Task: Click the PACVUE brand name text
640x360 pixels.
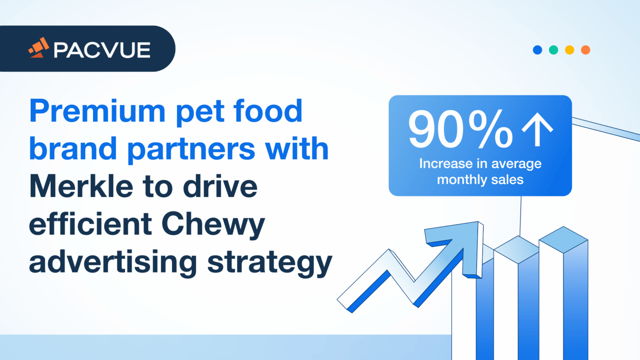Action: (102, 50)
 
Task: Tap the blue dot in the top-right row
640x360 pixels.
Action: (537, 50)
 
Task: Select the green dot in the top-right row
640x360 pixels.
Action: (553, 50)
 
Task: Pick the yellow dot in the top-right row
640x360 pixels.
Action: (569, 50)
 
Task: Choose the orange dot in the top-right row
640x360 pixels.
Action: (585, 50)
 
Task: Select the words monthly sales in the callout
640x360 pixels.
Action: (480, 180)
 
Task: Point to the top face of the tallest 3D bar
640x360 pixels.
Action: (563, 240)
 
